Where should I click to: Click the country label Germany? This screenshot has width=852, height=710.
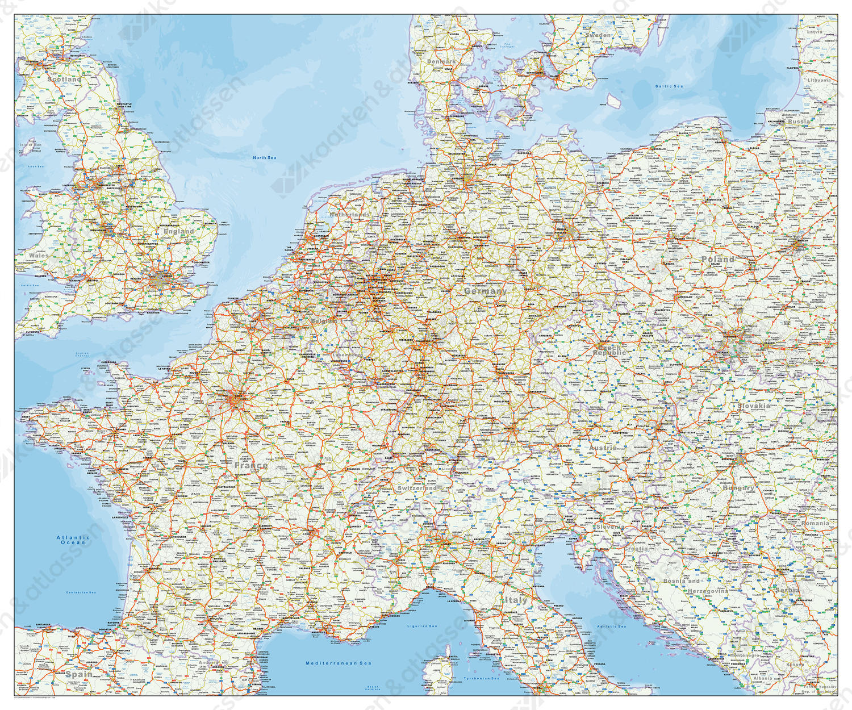click(x=485, y=291)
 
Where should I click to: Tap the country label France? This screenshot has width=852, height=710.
click(x=250, y=465)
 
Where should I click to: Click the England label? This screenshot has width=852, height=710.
click(x=179, y=232)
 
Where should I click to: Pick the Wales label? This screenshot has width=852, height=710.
click(x=40, y=256)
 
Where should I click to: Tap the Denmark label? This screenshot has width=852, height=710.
click(x=441, y=61)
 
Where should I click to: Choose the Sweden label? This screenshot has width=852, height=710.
click(x=598, y=35)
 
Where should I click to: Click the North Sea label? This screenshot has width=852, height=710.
click(x=264, y=157)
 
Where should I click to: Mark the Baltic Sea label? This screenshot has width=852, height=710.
click(x=669, y=86)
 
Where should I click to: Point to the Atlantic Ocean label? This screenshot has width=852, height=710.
click(x=73, y=540)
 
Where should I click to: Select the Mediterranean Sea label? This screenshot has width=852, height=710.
click(x=338, y=663)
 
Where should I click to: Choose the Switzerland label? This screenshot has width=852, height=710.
click(x=417, y=488)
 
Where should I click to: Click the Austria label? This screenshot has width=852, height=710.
click(x=603, y=448)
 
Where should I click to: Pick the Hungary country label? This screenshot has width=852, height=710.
click(x=738, y=488)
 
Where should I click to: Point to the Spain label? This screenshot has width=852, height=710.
click(x=78, y=674)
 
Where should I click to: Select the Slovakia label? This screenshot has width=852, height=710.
click(x=754, y=406)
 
